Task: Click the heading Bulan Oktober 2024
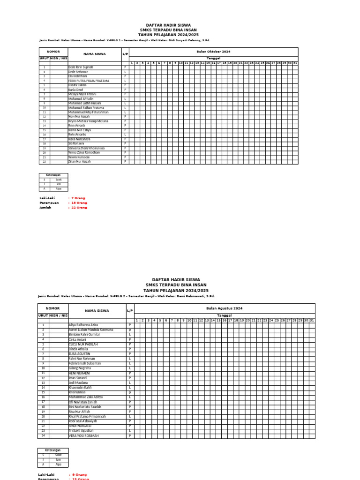[213, 51]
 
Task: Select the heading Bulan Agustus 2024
[225, 308]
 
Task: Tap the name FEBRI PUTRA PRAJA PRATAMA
[89, 81]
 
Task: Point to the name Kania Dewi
[75, 90]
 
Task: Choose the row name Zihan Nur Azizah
[79, 162]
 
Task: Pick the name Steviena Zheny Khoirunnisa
[86, 148]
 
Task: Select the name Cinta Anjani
[77, 339]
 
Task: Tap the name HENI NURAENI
[80, 373]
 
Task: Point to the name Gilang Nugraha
[79, 368]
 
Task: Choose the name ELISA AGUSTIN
[80, 354]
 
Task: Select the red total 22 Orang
[79, 207]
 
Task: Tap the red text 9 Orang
[80, 475]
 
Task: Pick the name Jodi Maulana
[78, 383]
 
